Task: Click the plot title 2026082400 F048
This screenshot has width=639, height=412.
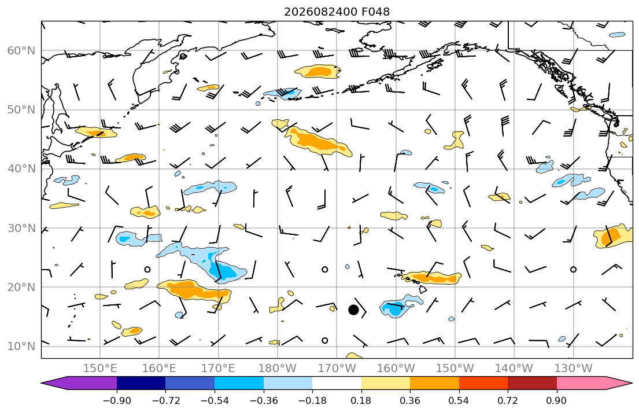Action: pyautogui.click(x=337, y=12)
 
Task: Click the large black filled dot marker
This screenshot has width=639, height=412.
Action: pyautogui.click(x=353, y=310)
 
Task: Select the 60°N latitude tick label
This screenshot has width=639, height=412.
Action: pyautogui.click(x=21, y=50)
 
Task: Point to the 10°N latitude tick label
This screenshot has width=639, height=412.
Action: pyautogui.click(x=21, y=347)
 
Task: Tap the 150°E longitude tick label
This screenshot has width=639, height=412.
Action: pyautogui.click(x=100, y=369)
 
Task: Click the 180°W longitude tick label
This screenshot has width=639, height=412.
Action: pyautogui.click(x=278, y=369)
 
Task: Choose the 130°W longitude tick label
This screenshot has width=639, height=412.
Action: pyautogui.click(x=574, y=369)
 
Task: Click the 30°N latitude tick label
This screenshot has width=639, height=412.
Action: pyautogui.click(x=21, y=228)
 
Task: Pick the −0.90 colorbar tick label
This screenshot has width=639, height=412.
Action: pyautogui.click(x=117, y=400)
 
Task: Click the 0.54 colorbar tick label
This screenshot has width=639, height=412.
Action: pyautogui.click(x=459, y=400)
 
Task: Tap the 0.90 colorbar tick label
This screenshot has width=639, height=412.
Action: pyautogui.click(x=557, y=400)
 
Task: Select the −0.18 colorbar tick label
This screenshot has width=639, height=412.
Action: pyautogui.click(x=313, y=400)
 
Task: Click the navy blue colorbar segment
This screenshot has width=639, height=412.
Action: pyautogui.click(x=141, y=383)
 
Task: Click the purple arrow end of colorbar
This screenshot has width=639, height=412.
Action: pyautogui.click(x=81, y=383)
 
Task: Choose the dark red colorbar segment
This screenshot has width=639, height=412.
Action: pyautogui.click(x=532, y=383)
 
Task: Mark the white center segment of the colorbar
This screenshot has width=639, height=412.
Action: pyautogui.click(x=337, y=383)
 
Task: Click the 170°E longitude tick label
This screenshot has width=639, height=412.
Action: pyautogui.click(x=219, y=369)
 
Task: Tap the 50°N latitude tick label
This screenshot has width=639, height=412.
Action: pyautogui.click(x=21, y=110)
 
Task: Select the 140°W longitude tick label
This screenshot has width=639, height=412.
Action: pyautogui.click(x=514, y=369)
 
